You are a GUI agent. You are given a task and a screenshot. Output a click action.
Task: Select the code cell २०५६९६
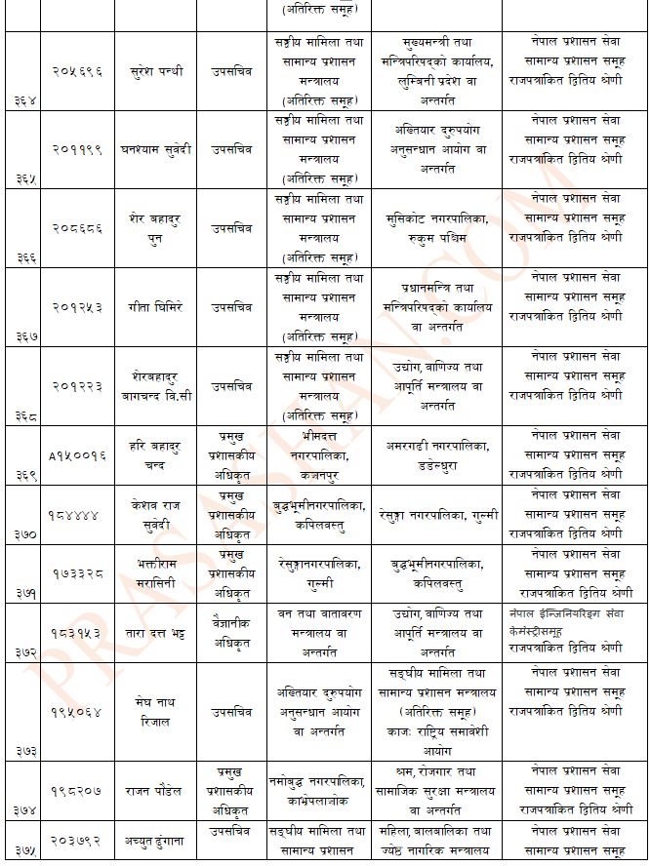(x=77, y=71)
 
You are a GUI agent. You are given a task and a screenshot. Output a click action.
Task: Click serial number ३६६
(x=25, y=256)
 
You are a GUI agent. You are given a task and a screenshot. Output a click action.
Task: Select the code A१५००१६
(x=77, y=454)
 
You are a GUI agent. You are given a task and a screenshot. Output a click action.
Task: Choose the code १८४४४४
(x=77, y=514)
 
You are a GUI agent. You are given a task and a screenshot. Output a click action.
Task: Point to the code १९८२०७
(x=77, y=791)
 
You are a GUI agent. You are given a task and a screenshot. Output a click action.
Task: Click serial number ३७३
(x=25, y=751)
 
